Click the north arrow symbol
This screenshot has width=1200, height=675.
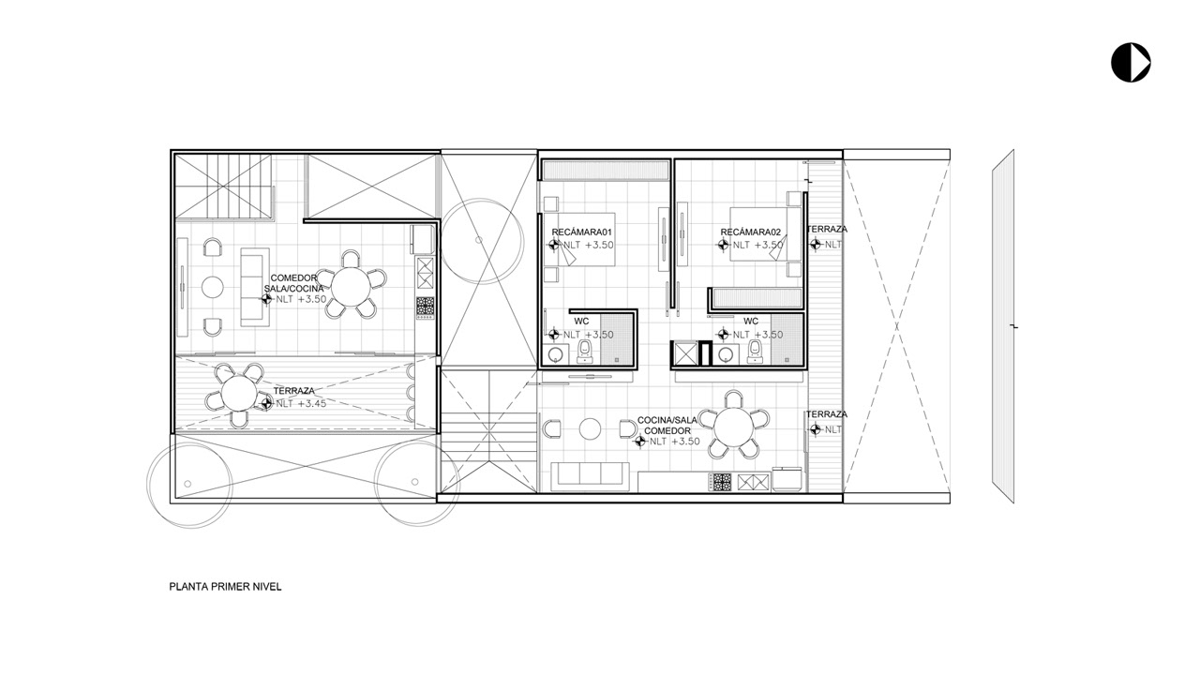coord(1131,63)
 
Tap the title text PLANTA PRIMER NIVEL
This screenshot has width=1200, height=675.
coord(225,587)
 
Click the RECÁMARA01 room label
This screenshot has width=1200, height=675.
coord(582,232)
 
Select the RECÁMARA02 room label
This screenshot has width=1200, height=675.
coord(751,232)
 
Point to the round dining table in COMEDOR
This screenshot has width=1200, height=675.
coord(351,287)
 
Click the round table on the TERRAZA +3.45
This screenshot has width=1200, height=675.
coord(239,394)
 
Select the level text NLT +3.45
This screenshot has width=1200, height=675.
coord(301,403)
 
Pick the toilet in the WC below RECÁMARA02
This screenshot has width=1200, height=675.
coord(755,352)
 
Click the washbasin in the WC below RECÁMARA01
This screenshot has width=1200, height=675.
coord(556,354)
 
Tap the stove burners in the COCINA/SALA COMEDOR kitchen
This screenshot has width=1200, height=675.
coord(721,482)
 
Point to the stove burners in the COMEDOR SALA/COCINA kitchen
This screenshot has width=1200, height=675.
coord(426,308)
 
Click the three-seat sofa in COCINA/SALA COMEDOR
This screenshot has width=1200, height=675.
coord(590,475)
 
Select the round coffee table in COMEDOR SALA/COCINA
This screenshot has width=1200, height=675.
coord(213,287)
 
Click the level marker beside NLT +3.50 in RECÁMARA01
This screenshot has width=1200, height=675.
coord(554,245)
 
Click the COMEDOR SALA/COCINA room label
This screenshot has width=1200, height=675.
coord(294,283)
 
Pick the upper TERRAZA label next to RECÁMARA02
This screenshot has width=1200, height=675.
coord(827,230)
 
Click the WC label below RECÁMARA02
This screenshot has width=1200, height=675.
coord(751,322)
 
